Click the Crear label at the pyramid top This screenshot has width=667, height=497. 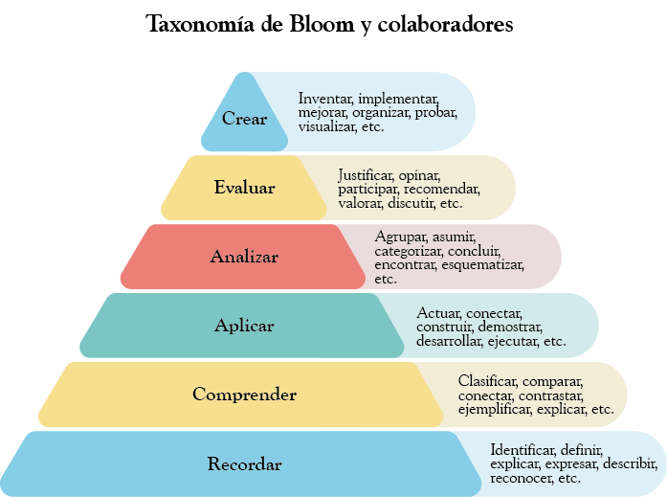coord(244,120)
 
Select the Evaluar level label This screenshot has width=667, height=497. coord(244,188)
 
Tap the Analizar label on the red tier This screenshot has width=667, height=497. coord(244,257)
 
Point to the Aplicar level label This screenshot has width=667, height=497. coord(244,326)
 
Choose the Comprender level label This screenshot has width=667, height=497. coord(244,395)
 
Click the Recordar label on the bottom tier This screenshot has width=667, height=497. coord(244,464)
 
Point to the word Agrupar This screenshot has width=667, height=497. coord(401,237)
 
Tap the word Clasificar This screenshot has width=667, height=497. coord(487,381)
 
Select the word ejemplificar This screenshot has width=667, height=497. coord(494,409)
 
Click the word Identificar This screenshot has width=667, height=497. coord(522,449)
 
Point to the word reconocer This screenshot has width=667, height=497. coord(521,478)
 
